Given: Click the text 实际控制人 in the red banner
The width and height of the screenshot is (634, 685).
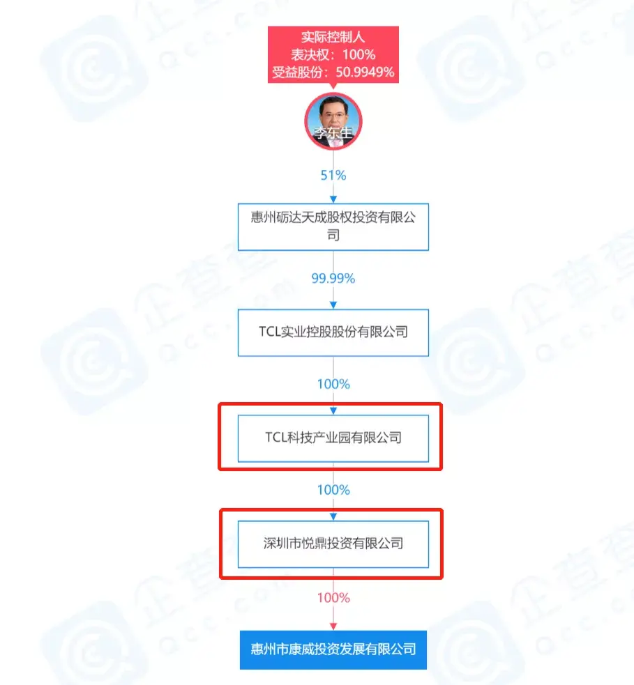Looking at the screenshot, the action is pyautogui.click(x=333, y=37).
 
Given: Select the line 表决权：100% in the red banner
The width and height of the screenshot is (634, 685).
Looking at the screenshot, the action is pyautogui.click(x=333, y=54).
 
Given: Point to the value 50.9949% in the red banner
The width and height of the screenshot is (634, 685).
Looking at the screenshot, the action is pyautogui.click(x=365, y=72).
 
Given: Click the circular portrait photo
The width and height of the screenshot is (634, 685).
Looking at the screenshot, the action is pyautogui.click(x=333, y=121).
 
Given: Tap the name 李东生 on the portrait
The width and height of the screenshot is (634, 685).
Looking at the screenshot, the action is pyautogui.click(x=333, y=132).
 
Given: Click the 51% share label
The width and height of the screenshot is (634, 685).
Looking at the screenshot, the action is pyautogui.click(x=333, y=175).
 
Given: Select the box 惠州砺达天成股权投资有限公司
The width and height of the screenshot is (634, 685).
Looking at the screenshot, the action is pyautogui.click(x=333, y=226).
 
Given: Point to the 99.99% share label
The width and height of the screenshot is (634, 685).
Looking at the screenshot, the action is pyautogui.click(x=333, y=278).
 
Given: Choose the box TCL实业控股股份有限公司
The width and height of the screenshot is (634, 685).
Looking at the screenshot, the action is pyautogui.click(x=333, y=332).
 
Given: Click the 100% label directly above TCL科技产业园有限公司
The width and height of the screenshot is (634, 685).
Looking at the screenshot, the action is pyautogui.click(x=333, y=384).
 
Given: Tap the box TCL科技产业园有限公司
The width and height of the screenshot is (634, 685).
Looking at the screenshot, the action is pyautogui.click(x=333, y=438).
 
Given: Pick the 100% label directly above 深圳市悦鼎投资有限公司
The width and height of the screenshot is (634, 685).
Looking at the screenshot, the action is pyautogui.click(x=333, y=490).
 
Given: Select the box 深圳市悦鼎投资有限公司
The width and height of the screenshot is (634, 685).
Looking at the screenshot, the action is pyautogui.click(x=333, y=544).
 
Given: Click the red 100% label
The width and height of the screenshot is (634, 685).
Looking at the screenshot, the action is pyautogui.click(x=333, y=598).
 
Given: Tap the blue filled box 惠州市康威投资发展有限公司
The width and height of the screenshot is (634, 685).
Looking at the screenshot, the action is pyautogui.click(x=333, y=649).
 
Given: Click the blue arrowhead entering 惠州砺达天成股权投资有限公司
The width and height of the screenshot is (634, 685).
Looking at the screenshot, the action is pyautogui.click(x=333, y=199).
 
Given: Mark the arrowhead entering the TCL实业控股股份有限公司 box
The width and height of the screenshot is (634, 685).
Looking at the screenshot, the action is pyautogui.click(x=333, y=305).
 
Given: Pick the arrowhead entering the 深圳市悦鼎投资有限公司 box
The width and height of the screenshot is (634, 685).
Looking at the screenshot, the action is pyautogui.click(x=333, y=517).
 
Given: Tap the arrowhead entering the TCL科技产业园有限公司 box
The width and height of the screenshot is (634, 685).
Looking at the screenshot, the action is pyautogui.click(x=333, y=411).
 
